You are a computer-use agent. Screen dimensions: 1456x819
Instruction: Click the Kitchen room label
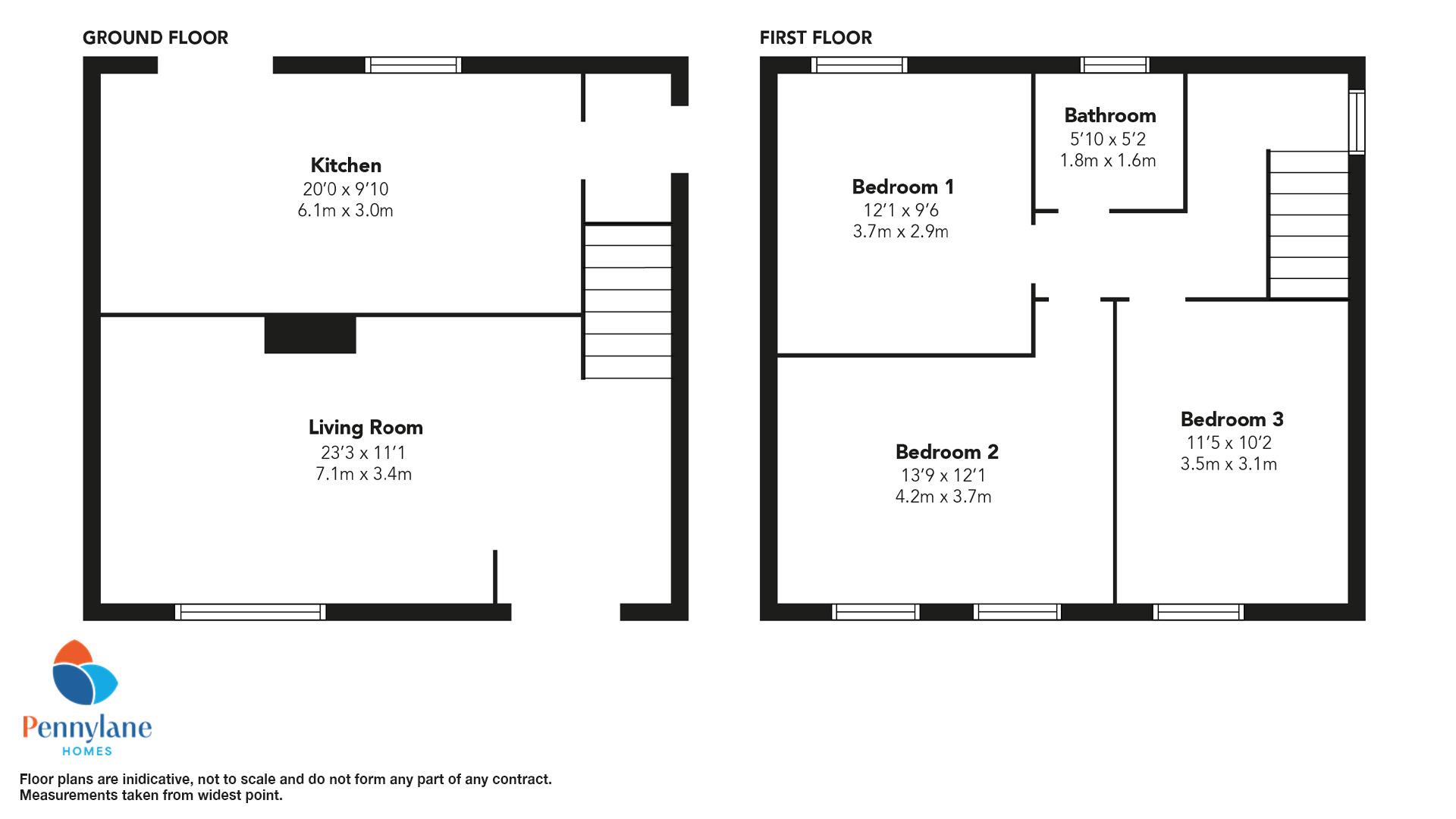tap(346, 165)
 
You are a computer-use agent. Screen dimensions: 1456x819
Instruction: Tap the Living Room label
tap(366, 428)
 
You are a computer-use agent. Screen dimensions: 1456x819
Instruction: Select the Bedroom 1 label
tap(902, 187)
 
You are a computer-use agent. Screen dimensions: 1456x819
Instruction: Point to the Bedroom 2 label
tap(946, 452)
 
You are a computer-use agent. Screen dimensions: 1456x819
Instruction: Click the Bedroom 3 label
tap(1232, 419)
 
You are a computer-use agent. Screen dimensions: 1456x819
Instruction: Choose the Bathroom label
tap(1109, 115)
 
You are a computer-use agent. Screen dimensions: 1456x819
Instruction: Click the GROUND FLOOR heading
tap(155, 38)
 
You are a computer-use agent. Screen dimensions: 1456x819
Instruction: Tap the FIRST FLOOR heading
tap(816, 38)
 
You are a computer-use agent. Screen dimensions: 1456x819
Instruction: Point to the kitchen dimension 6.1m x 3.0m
tap(345, 211)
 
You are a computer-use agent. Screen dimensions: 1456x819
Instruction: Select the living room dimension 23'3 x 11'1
tap(363, 453)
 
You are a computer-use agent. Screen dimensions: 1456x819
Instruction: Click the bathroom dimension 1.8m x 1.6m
tap(1107, 161)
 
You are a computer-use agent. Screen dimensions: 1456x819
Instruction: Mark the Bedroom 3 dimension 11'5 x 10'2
tap(1228, 443)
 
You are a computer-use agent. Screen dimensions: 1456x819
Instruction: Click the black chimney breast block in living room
tap(310, 334)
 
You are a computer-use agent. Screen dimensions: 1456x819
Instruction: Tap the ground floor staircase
tap(627, 300)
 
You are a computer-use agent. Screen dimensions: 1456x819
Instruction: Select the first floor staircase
tap(1308, 224)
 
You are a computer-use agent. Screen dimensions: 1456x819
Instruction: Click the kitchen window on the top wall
tap(413, 65)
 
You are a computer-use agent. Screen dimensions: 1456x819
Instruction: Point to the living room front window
tap(250, 612)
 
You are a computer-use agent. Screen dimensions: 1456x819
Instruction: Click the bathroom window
tap(1115, 65)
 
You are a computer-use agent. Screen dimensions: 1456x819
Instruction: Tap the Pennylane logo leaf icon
tap(85, 673)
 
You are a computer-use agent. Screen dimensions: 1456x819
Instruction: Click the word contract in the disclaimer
tap(520, 780)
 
